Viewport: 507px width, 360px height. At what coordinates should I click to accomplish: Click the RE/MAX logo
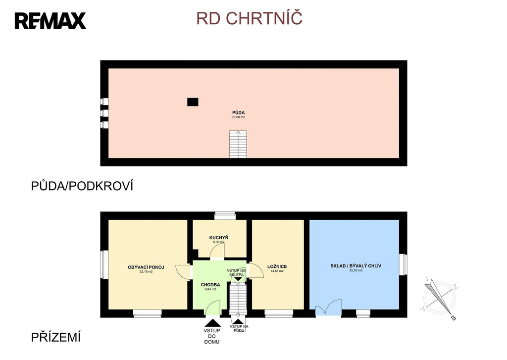tap(50, 21)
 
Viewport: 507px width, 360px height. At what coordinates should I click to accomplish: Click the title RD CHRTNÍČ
tap(249, 18)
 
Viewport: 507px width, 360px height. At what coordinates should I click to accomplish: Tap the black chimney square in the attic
tap(193, 102)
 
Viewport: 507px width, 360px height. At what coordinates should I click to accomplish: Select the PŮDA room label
tap(239, 113)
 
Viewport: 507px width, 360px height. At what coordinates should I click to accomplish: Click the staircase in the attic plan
tap(238, 144)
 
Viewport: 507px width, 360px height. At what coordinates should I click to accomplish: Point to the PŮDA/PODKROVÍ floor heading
tap(83, 186)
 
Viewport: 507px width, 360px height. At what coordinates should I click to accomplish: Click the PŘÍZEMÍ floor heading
tap(55, 338)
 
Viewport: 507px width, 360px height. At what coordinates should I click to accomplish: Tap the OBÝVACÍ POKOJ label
tap(146, 267)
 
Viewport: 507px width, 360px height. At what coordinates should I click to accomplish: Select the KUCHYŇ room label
tap(218, 238)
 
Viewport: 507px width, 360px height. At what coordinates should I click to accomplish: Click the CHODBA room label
tap(210, 285)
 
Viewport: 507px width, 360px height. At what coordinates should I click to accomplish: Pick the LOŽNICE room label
tap(277, 266)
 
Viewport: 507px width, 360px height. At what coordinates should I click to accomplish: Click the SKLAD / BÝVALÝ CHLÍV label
tap(355, 266)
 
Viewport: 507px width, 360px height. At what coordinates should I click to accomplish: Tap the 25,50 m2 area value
tap(355, 271)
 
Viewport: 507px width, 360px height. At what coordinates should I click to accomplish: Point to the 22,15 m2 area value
tap(146, 272)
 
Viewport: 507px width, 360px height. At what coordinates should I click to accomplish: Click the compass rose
tap(438, 297)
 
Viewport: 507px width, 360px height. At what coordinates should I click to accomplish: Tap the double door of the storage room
tap(328, 308)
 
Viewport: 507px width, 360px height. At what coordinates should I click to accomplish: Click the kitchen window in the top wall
tap(225, 215)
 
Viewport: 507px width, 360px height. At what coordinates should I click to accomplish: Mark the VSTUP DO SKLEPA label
tap(237, 272)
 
